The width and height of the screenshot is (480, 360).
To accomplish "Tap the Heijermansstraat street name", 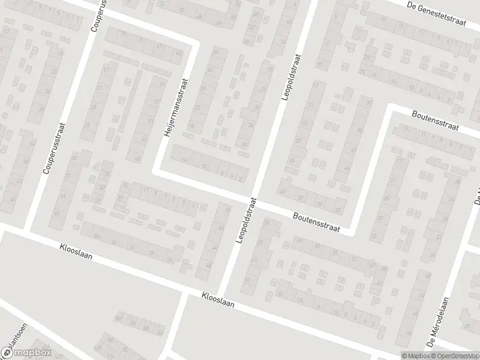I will point(176,107).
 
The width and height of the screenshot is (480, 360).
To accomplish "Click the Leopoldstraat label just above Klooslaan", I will point(245,220).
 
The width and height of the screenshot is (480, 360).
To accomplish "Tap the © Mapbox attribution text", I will point(414,355).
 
